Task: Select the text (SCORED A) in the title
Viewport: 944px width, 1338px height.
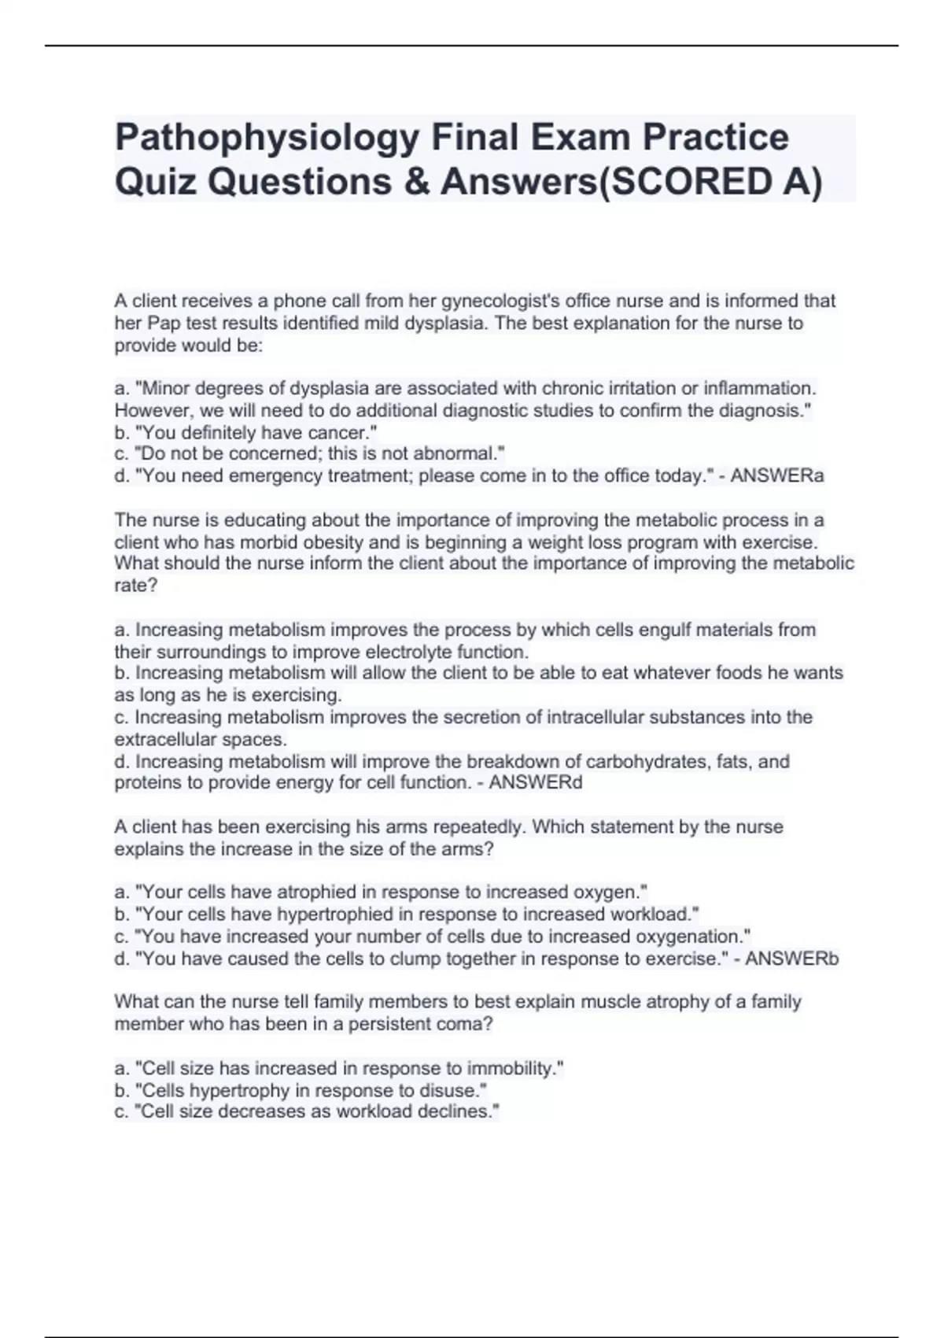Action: coord(710,182)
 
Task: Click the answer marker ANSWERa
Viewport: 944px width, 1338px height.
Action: coord(777,475)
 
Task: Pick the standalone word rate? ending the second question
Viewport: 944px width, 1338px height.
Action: coord(136,586)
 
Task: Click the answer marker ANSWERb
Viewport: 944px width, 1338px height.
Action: coord(791,959)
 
